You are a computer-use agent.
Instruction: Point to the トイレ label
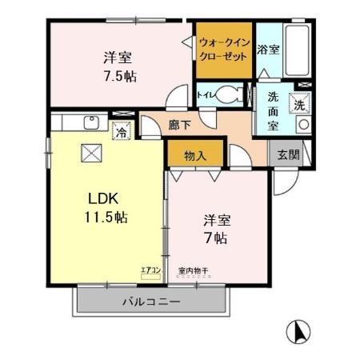coord(206,94)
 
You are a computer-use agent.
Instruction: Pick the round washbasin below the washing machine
coord(302,125)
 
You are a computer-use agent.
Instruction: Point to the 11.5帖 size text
coord(104,217)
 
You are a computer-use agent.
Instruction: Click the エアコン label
coord(150,269)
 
